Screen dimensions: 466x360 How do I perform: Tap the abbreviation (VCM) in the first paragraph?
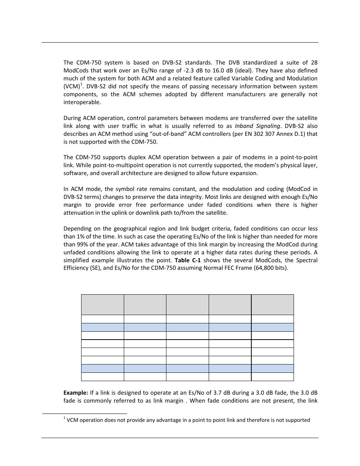coord(71,86)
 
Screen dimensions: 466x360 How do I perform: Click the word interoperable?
coord(82,102)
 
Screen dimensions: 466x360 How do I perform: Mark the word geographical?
coord(115,229)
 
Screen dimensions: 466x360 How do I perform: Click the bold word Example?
coord(75,393)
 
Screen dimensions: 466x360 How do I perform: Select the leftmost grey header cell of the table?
coord(102,305)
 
